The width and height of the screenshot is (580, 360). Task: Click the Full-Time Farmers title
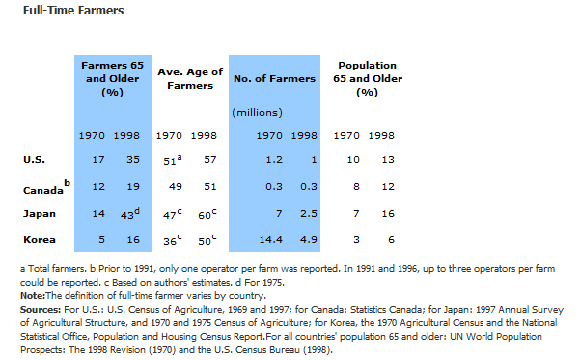73,11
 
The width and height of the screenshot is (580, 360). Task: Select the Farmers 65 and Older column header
113,78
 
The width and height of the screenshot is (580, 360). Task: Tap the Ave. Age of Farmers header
190,78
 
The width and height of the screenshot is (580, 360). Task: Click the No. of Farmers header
274,79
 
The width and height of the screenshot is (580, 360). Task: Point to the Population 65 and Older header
368,78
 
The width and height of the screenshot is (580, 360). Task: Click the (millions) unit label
257,113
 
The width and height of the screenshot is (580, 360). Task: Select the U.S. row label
34,160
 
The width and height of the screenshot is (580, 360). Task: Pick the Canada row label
43,190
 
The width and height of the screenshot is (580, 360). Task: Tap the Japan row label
40,214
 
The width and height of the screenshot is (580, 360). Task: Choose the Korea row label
40,240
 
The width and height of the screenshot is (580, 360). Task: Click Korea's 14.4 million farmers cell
270,240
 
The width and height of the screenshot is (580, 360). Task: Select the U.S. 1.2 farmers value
274,160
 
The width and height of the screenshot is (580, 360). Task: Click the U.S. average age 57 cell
210,160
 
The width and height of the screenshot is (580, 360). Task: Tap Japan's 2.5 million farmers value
309,214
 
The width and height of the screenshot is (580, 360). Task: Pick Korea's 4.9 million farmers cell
309,240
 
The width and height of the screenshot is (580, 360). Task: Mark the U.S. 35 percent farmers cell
133,160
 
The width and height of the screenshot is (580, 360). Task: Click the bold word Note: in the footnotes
33,296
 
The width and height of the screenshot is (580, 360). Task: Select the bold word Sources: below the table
41,309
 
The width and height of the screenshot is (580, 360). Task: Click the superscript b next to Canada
67,182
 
